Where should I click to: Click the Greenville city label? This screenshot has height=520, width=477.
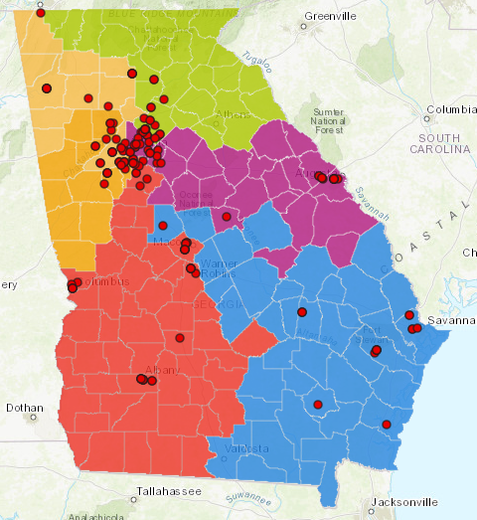[331, 17]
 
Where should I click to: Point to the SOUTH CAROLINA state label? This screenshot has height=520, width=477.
[444, 142]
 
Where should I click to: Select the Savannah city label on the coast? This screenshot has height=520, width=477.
[446, 321]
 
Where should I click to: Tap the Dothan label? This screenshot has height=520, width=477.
[24, 408]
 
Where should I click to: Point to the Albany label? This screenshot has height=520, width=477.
[162, 369]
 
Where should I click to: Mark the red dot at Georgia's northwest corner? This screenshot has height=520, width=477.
[41, 13]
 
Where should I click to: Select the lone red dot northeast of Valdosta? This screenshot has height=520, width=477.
[317, 405]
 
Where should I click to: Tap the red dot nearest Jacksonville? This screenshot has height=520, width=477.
[387, 425]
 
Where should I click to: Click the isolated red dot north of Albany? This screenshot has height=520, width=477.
[180, 338]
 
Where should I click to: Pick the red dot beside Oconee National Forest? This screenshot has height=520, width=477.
[227, 217]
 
